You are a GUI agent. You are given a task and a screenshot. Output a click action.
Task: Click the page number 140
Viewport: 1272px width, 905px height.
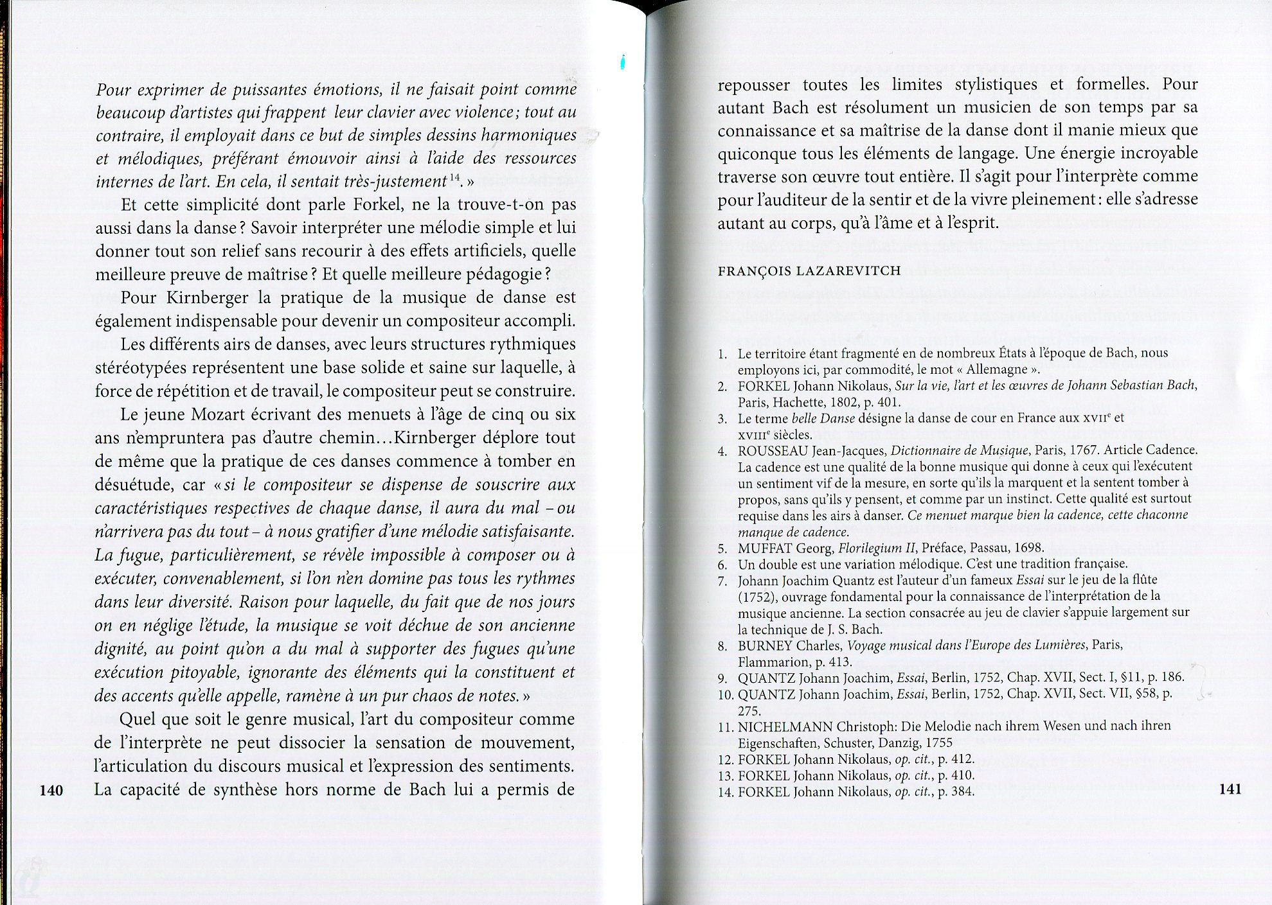tap(51, 790)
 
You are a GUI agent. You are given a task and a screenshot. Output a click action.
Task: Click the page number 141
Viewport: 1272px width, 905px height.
tap(1229, 789)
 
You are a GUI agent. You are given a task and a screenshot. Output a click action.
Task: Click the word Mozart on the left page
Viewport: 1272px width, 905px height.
tap(217, 414)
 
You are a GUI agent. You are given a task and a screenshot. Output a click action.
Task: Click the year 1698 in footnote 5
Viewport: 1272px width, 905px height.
tap(1029, 549)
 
